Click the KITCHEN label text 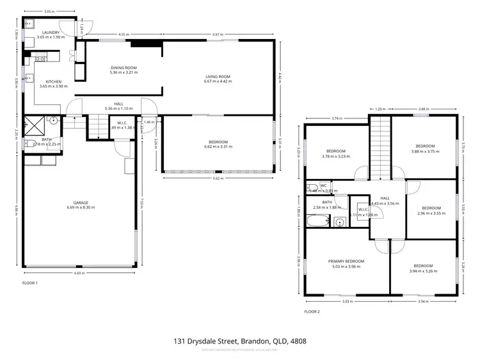point(50,82)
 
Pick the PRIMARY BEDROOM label point(346,261)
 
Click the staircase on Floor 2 point(381,146)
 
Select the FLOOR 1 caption point(30,282)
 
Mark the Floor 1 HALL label point(118,104)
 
